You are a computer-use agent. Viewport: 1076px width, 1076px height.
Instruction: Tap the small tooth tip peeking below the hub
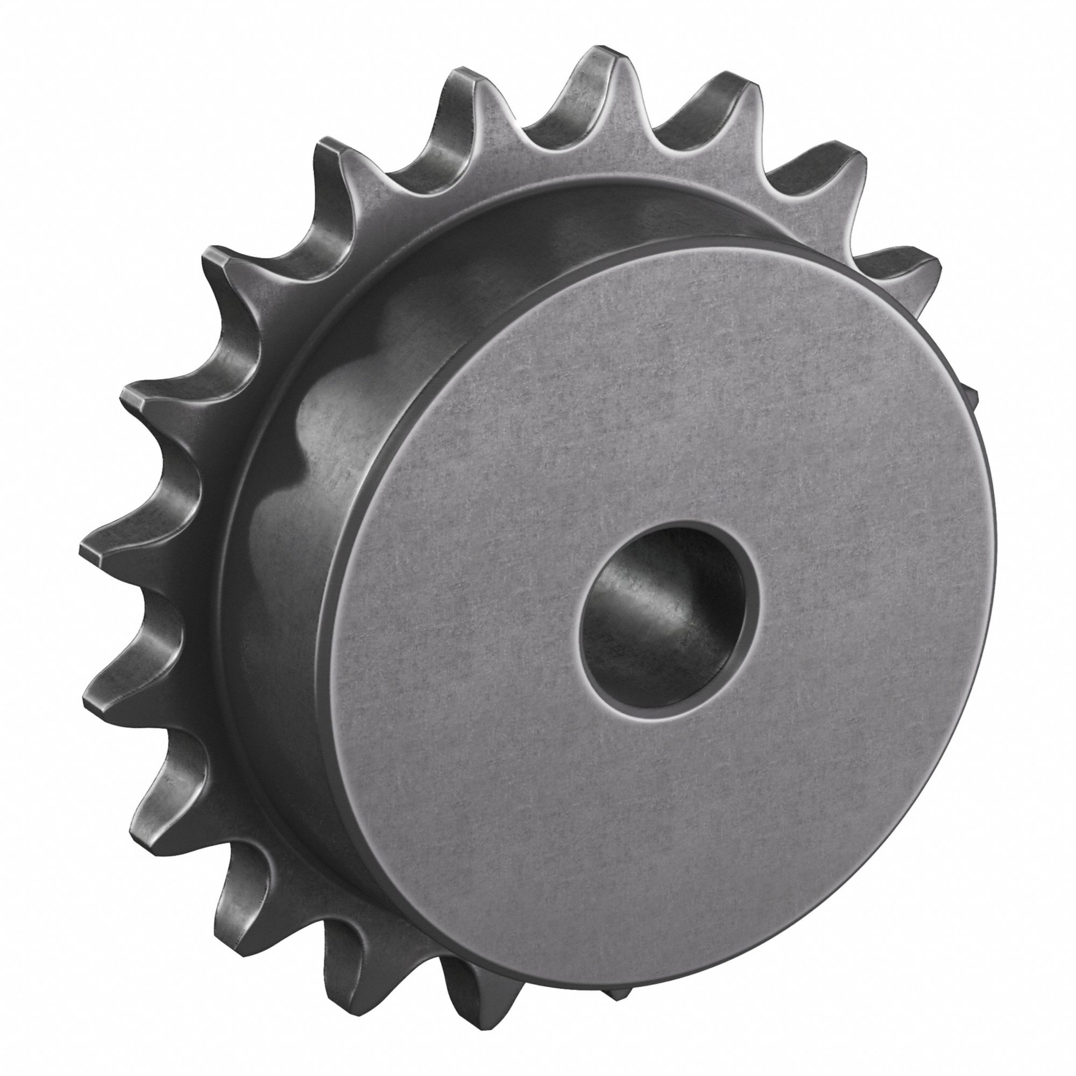[618, 1006]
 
